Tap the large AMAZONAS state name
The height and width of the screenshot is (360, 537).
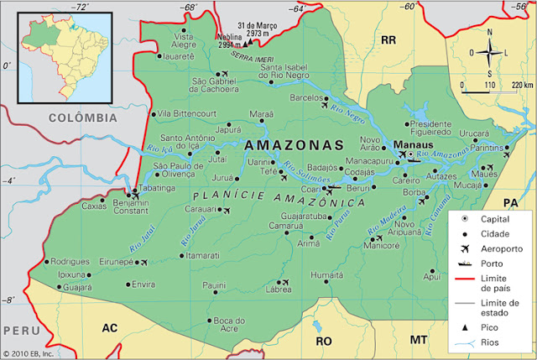coord(295,145)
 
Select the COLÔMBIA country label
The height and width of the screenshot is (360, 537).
coord(82,117)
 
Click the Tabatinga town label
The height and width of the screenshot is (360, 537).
coord(158,188)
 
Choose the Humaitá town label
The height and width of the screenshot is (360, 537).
coord(326,274)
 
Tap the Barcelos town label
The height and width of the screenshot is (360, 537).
coord(305,97)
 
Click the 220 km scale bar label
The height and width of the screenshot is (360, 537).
coord(521,85)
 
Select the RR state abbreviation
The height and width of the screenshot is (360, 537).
coord(388,39)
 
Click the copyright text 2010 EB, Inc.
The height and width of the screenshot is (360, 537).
coord(31,353)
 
